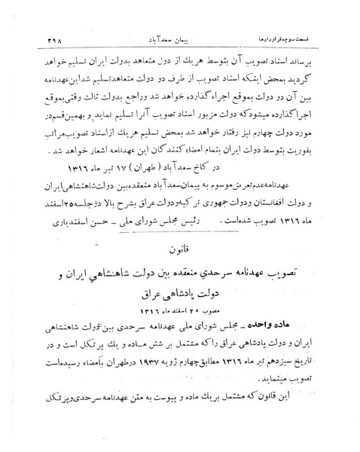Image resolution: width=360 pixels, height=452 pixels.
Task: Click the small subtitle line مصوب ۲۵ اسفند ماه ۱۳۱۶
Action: coord(180,310)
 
